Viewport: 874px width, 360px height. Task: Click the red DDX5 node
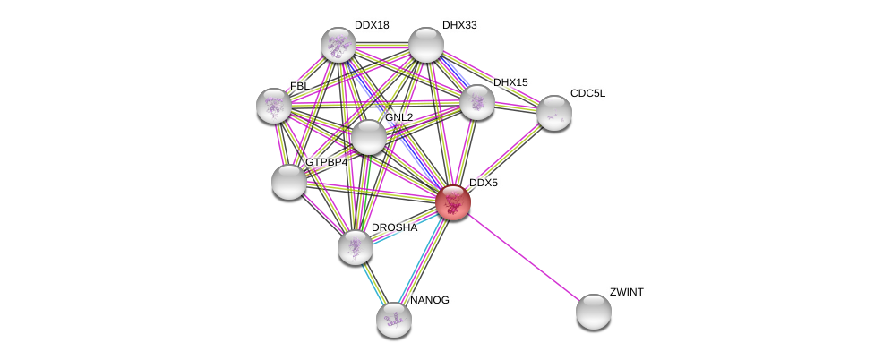click(x=453, y=201)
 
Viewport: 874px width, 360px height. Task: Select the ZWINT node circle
click(x=593, y=312)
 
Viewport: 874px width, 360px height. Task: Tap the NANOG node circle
click(x=393, y=319)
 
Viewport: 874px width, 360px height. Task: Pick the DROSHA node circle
click(x=356, y=247)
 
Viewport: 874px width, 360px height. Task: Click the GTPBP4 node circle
click(x=289, y=182)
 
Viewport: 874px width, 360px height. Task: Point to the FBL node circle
click(x=274, y=106)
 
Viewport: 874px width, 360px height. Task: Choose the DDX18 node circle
click(x=338, y=45)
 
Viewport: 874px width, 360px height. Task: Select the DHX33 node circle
click(x=426, y=45)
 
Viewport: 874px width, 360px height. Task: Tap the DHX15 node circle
click(x=477, y=102)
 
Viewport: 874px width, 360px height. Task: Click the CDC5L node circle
click(x=554, y=113)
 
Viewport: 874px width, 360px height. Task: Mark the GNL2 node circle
click(x=368, y=137)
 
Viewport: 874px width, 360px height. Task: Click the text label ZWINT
click(x=626, y=292)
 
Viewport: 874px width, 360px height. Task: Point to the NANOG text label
click(x=429, y=300)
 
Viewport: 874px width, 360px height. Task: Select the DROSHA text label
click(x=393, y=228)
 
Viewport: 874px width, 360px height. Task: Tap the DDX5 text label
click(x=483, y=183)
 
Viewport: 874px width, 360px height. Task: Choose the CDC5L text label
click(x=587, y=93)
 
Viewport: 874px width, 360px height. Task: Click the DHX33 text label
click(x=458, y=25)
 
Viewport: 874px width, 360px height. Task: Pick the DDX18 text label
click(x=372, y=25)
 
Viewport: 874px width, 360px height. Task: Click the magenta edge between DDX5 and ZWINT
click(x=523, y=257)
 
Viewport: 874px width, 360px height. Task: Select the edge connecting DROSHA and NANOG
click(x=374, y=283)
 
